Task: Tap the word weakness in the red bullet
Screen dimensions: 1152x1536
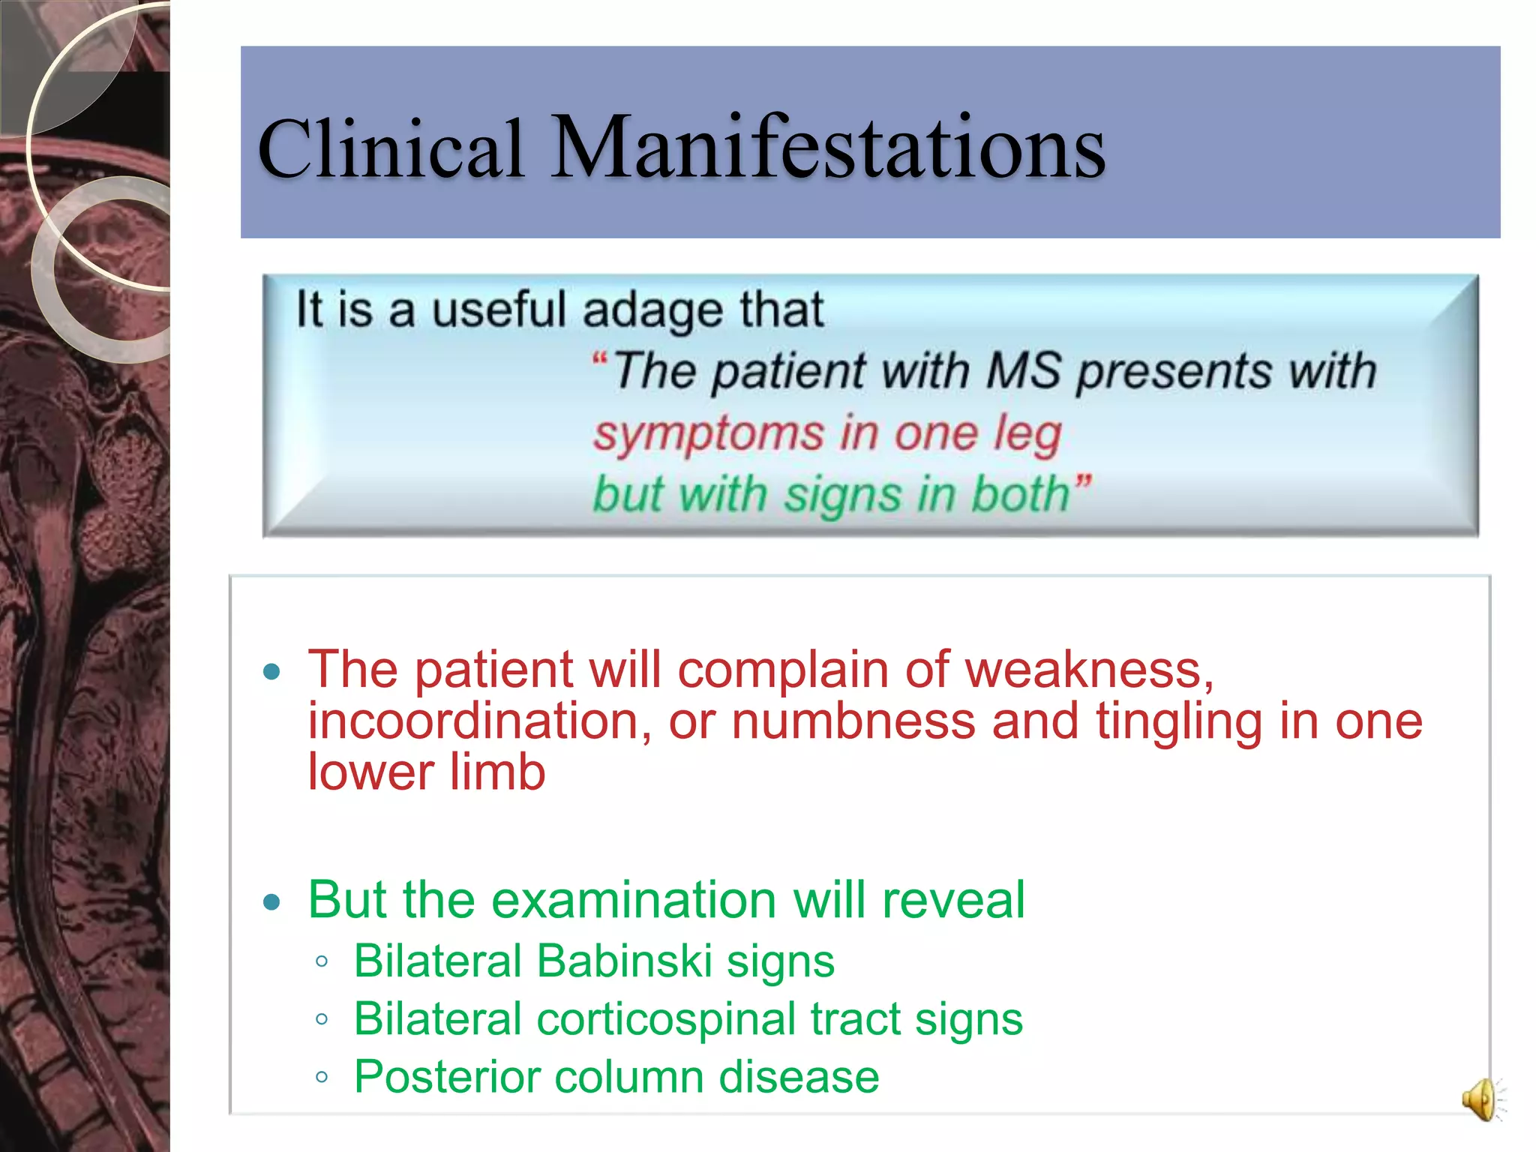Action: [1087, 669]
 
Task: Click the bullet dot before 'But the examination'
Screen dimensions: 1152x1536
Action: [272, 901]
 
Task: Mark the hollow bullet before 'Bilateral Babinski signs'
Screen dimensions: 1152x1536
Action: [322, 962]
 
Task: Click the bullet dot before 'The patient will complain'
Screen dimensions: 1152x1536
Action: [272, 671]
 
